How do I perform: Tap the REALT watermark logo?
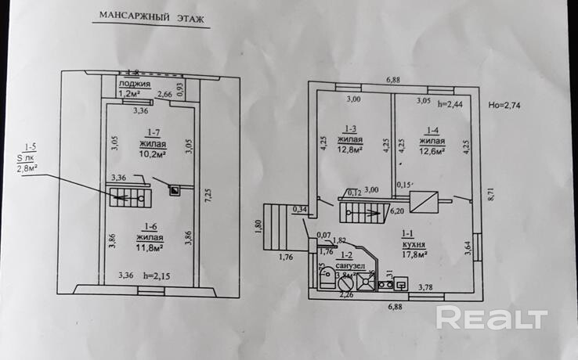tap(490, 319)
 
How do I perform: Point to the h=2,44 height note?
tap(453, 103)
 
